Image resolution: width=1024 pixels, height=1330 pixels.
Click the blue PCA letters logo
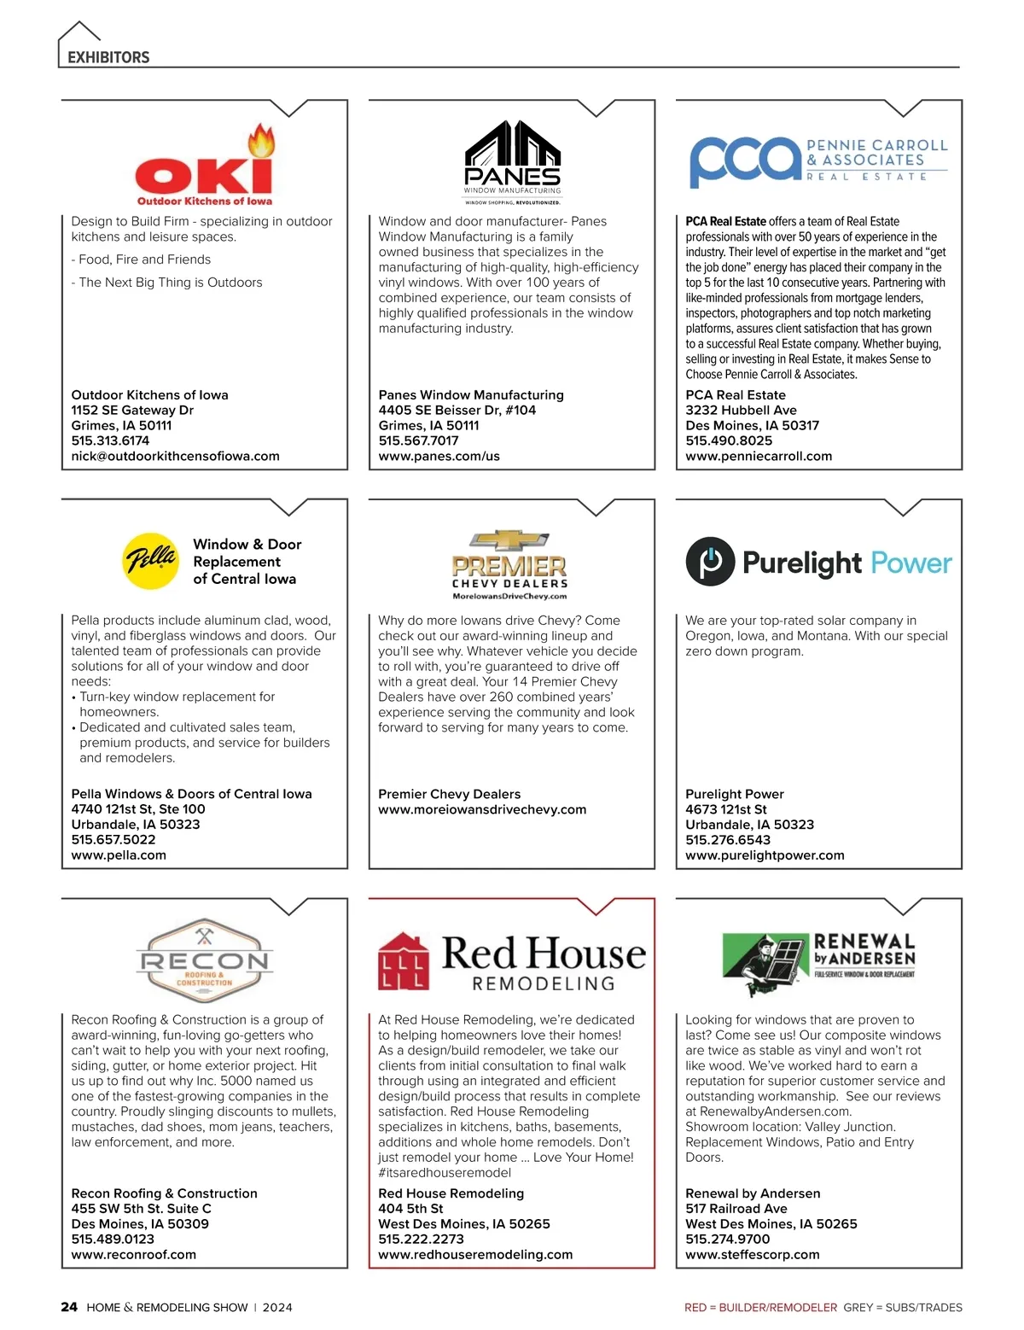pyautogui.click(x=745, y=160)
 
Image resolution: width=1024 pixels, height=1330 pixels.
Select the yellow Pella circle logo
pyautogui.click(x=150, y=561)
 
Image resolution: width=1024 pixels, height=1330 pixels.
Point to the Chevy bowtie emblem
pyautogui.click(x=510, y=540)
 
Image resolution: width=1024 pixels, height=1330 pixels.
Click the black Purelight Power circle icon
pyautogui.click(x=710, y=562)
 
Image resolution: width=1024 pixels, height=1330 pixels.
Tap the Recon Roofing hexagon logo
pyautogui.click(x=204, y=961)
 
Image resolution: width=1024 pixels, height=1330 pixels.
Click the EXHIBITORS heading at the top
pyautogui.click(x=108, y=57)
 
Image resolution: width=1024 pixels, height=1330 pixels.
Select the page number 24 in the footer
pyautogui.click(x=69, y=1307)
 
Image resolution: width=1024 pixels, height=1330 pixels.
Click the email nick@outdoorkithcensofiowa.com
pyautogui.click(x=175, y=456)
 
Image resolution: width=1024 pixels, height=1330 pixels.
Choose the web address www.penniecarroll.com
pyautogui.click(x=759, y=456)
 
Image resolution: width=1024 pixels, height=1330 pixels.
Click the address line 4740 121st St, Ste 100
pyautogui.click(x=138, y=809)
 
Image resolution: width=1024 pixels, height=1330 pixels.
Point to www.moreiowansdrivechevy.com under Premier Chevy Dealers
pyautogui.click(x=482, y=809)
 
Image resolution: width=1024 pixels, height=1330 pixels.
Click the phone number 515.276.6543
pyautogui.click(x=728, y=840)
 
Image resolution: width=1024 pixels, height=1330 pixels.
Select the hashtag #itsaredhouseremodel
pyautogui.click(x=445, y=1173)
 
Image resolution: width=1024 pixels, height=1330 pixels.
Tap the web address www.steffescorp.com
pyautogui.click(x=752, y=1255)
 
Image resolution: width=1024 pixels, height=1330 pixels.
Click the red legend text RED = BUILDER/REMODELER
pyautogui.click(x=760, y=1308)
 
